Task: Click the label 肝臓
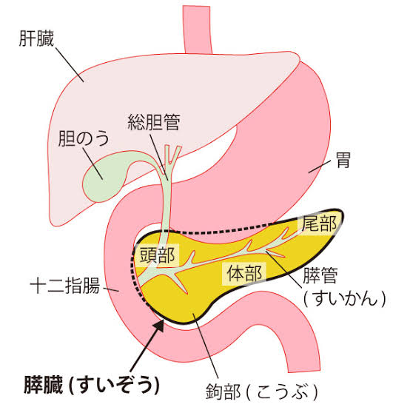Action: tap(36, 38)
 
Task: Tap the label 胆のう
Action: tap(84, 138)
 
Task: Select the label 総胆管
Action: tap(154, 122)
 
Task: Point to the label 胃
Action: tap(343, 160)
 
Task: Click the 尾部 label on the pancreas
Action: tap(319, 224)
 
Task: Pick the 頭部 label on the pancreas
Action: tap(157, 255)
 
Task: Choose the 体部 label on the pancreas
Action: tap(244, 274)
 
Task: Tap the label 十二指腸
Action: tap(65, 285)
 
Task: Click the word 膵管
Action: tap(320, 275)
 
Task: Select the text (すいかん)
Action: tap(345, 298)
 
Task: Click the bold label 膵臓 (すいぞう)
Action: tap(92, 385)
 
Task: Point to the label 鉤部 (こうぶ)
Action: tap(262, 391)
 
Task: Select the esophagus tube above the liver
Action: tap(198, 30)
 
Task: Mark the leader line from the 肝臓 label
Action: tap(70, 65)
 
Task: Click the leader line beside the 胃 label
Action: tap(319, 167)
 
